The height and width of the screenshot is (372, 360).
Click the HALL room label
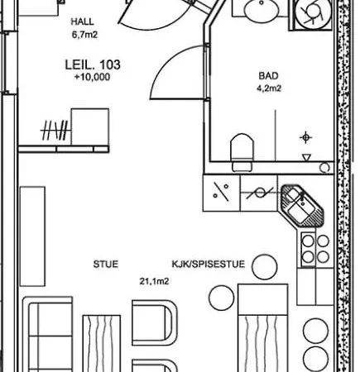[82, 21]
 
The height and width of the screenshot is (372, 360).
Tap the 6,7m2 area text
[84, 35]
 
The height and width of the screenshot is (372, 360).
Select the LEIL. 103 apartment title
[93, 64]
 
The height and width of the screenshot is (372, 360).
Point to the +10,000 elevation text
[92, 77]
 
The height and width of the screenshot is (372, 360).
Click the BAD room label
[268, 76]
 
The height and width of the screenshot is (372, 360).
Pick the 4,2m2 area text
[269, 88]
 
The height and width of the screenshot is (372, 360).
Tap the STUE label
[106, 264]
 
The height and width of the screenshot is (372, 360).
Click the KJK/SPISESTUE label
[209, 264]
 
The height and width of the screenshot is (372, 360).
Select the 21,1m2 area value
[154, 281]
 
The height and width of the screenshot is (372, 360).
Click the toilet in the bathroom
[242, 152]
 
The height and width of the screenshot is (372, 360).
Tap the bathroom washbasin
[262, 11]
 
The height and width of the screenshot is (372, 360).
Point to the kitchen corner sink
[302, 205]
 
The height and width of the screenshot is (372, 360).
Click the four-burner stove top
[315, 250]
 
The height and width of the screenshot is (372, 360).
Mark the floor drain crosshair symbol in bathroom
[305, 137]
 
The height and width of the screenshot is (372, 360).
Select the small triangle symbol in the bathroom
[306, 157]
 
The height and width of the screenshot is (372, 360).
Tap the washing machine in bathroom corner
[313, 13]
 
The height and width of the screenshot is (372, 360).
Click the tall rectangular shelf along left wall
[32, 236]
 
